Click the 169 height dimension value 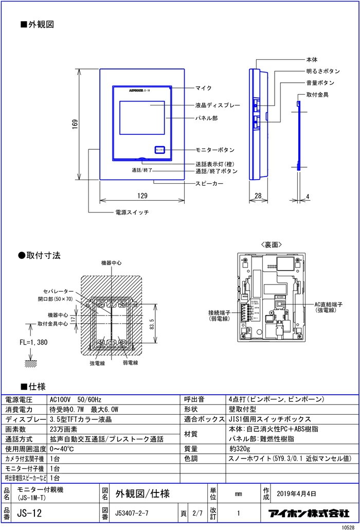click(75, 124)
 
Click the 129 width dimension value click(142, 196)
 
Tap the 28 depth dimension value click(258, 196)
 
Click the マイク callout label click(204, 88)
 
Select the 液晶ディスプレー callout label click(218, 105)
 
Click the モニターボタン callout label click(214, 150)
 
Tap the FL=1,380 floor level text click(33, 342)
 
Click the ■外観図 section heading click(37, 24)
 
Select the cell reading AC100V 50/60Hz click(76, 399)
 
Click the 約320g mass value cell click(239, 449)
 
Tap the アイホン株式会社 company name click(309, 513)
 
